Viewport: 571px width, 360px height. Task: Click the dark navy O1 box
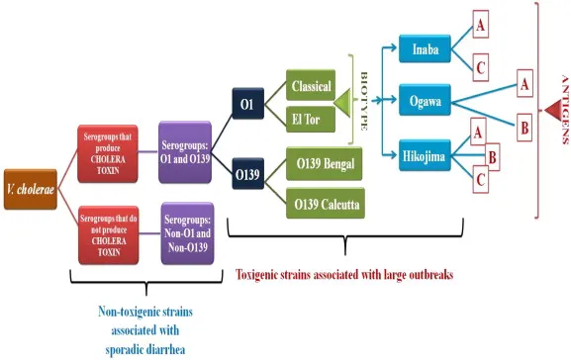click(x=246, y=103)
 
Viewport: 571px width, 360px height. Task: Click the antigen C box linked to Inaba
click(x=479, y=67)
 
